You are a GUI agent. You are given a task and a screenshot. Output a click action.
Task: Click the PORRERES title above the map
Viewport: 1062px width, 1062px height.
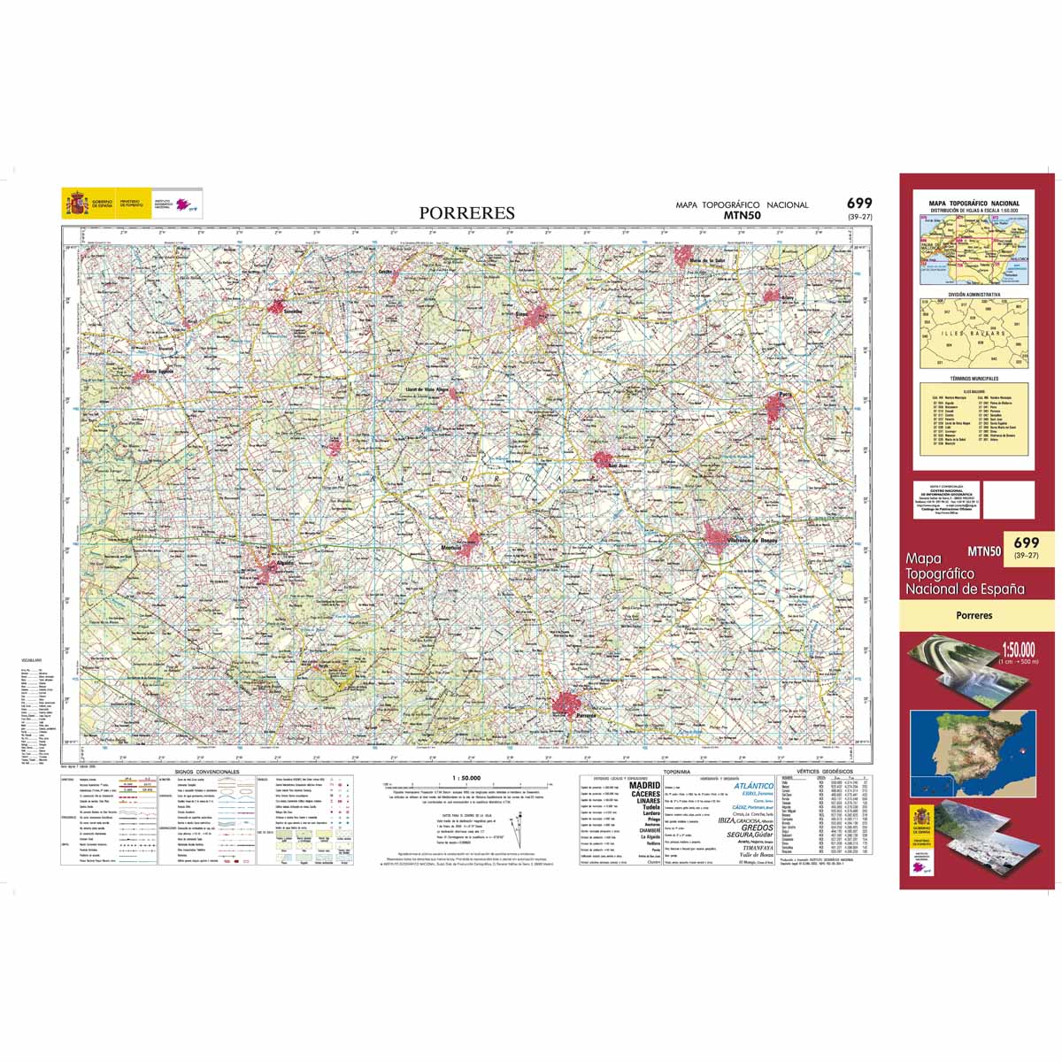coord(466,213)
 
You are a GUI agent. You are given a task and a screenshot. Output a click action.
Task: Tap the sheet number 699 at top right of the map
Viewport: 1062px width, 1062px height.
coord(858,204)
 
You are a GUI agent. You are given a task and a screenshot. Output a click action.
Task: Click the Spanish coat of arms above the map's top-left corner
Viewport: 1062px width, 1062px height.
coord(76,204)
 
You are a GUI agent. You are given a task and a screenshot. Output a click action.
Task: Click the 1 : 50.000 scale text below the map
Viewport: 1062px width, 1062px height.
coord(466,777)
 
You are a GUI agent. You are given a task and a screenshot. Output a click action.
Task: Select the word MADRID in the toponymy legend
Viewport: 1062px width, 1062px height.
coord(644,784)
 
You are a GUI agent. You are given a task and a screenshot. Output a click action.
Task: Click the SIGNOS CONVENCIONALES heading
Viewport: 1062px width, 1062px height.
coord(207,773)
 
